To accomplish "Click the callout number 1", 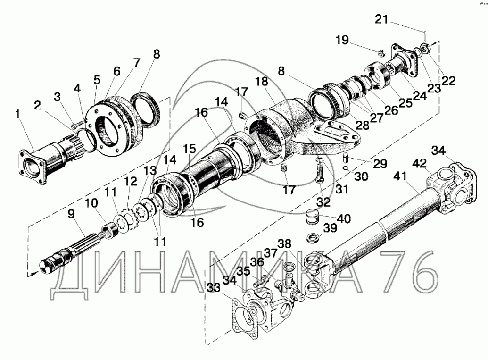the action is (x=17, y=114).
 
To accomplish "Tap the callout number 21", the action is (x=381, y=19).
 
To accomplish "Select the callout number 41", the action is (x=400, y=176).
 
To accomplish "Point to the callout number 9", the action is (x=71, y=214).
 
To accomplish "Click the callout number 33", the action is (x=214, y=288).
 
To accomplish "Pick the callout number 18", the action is (x=262, y=82).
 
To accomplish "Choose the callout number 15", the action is (x=189, y=149).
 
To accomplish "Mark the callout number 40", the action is (x=344, y=218).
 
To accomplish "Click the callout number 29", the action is (x=380, y=164).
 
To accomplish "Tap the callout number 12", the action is (x=131, y=181).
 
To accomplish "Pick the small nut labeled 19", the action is (x=381, y=54).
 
